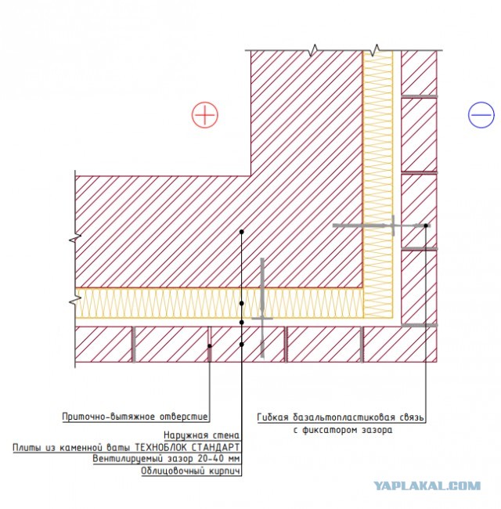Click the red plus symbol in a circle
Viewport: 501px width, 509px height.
[205, 115]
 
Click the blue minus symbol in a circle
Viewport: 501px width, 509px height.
[481, 115]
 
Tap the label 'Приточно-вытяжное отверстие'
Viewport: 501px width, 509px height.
[135, 417]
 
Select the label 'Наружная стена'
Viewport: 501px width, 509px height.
[201, 435]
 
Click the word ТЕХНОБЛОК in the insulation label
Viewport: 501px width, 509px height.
[161, 448]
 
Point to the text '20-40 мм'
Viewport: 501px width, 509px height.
[218, 459]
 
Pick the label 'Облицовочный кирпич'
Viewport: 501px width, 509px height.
[191, 471]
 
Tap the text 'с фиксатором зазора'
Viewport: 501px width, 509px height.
[343, 430]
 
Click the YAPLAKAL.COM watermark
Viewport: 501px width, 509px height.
[427, 486]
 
